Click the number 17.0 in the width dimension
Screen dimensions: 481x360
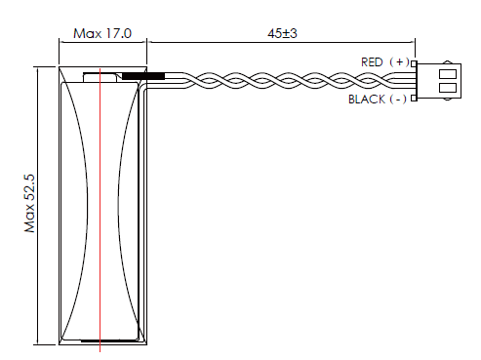118,33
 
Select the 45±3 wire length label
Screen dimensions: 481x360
282,33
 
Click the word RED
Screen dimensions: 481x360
372,62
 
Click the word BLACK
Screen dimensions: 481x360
367,100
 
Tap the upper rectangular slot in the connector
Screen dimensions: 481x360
448,74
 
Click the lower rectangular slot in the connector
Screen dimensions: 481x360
448,88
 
